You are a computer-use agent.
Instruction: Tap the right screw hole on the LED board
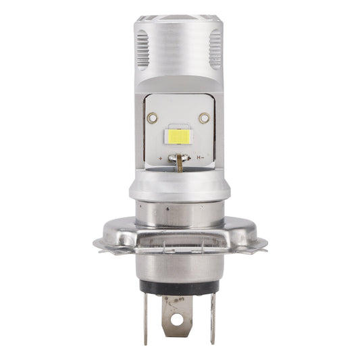tap(202, 118)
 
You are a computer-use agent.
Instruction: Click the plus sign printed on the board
tap(160, 157)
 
